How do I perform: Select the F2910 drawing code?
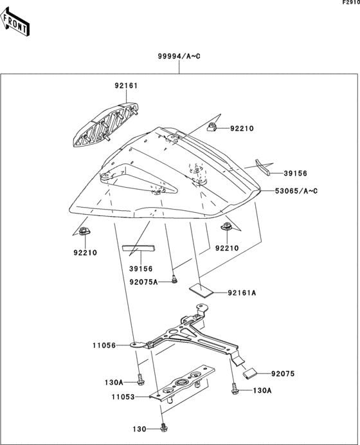[349, 4]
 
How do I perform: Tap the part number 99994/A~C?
[179, 57]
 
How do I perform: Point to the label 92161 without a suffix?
[127, 86]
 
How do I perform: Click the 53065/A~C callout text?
[296, 192]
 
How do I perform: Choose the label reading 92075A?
[143, 282]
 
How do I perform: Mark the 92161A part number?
[242, 293]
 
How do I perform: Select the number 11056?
[104, 345]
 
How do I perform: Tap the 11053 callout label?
[122, 397]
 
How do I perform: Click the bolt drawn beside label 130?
[166, 426]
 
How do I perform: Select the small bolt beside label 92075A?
[174, 280]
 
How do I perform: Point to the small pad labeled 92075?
[251, 371]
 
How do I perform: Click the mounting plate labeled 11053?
[183, 386]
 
